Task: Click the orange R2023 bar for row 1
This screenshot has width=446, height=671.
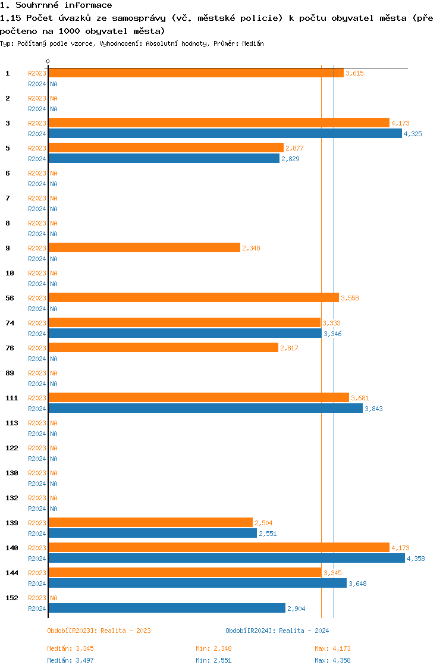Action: tap(196, 73)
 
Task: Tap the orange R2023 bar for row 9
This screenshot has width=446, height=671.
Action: tap(144, 248)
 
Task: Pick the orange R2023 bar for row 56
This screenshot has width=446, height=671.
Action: tap(193, 298)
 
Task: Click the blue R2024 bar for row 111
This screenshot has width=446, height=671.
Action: tap(205, 409)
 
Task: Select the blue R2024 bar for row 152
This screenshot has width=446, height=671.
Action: tap(167, 609)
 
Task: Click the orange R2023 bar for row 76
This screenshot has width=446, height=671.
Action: tap(163, 348)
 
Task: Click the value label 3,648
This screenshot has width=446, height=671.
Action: tap(357, 584)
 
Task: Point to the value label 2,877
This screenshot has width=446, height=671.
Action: tap(294, 148)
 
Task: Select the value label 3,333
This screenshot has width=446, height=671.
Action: tap(331, 323)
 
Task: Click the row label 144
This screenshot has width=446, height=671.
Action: tap(12, 573)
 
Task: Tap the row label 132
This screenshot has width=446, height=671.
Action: tap(12, 498)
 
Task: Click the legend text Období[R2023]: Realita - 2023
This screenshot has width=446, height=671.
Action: tap(99, 631)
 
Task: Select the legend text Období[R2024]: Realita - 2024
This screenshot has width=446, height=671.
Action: tap(277, 631)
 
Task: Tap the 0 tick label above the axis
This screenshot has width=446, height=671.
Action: tap(48, 62)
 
